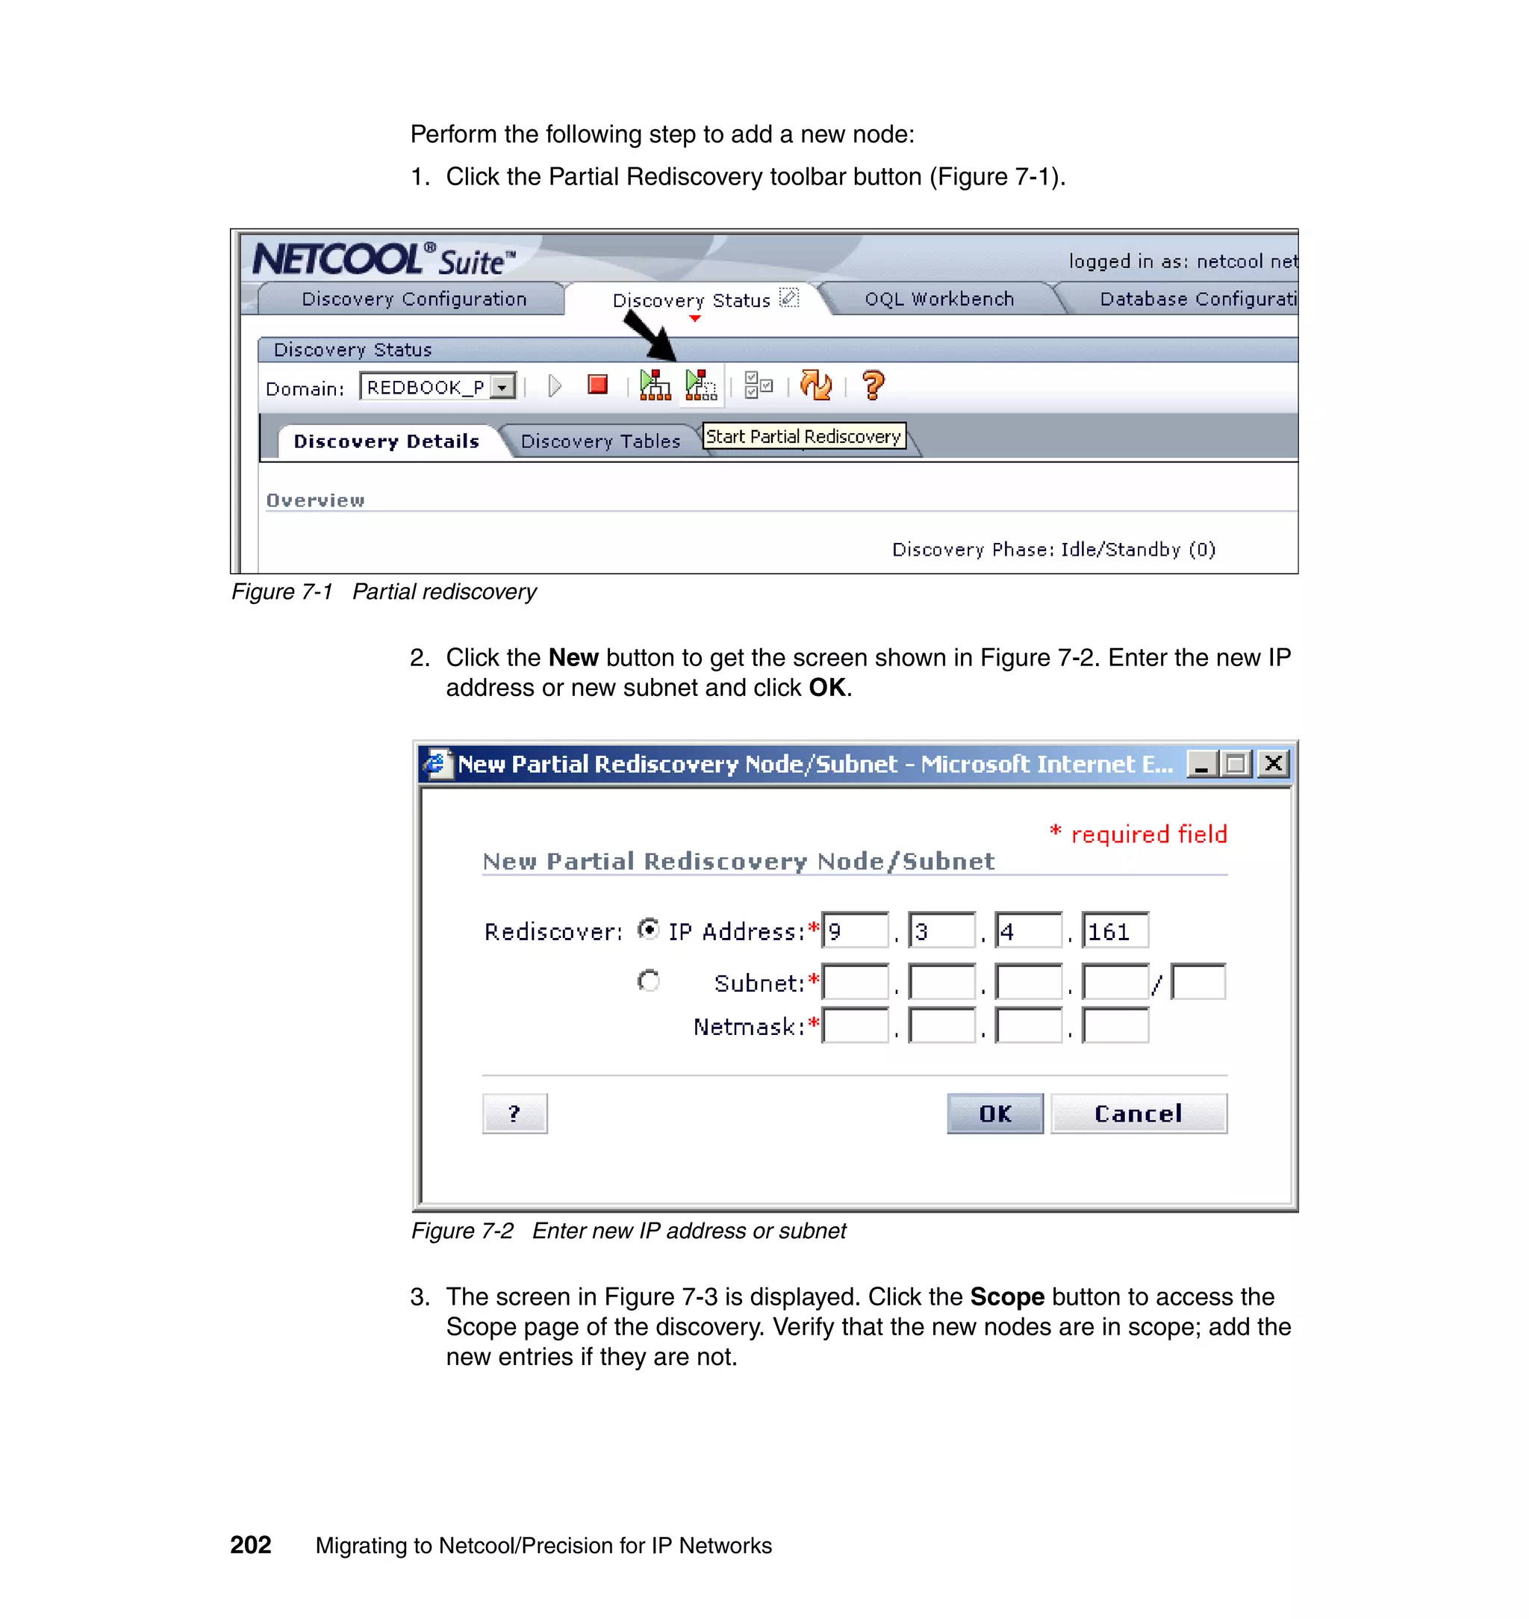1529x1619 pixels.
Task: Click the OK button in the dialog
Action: click(x=994, y=1113)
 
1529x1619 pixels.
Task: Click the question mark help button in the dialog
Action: click(x=514, y=1113)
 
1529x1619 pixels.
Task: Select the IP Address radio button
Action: click(x=649, y=929)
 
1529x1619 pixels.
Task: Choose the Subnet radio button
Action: click(x=649, y=981)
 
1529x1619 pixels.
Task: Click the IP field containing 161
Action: click(x=1114, y=931)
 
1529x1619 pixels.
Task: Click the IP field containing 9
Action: click(x=855, y=931)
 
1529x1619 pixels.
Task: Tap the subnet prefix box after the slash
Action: click(x=1198, y=981)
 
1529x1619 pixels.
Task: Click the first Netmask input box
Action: click(x=855, y=1025)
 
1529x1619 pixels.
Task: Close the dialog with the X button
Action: click(x=1273, y=764)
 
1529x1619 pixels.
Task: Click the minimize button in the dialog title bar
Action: click(x=1201, y=764)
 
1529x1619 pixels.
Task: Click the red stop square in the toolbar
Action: click(x=597, y=385)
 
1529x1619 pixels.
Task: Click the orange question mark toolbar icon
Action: click(x=873, y=385)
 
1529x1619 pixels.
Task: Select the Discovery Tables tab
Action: click(x=600, y=441)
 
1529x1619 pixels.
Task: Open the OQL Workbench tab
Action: click(x=939, y=299)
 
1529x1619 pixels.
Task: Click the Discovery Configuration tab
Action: click(x=414, y=299)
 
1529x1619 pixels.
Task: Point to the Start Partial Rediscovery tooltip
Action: click(x=803, y=436)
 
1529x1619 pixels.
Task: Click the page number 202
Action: click(x=250, y=1545)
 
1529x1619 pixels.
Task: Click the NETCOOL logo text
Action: click(x=337, y=259)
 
